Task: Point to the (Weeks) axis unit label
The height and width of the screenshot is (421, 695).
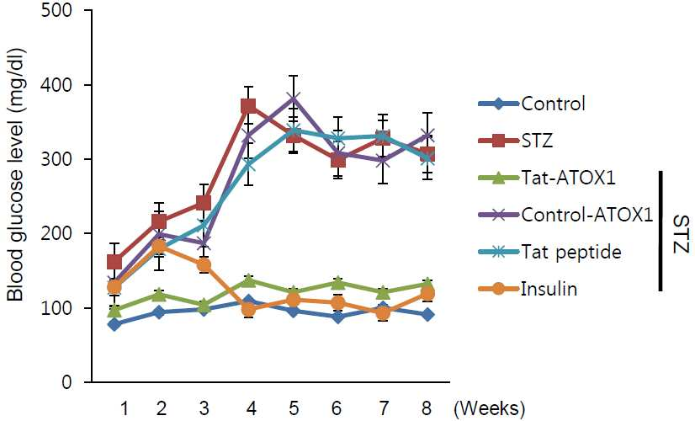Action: pyautogui.click(x=490, y=408)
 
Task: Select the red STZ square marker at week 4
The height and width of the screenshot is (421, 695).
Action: pyautogui.click(x=248, y=106)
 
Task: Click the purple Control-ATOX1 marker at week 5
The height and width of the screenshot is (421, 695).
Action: pyautogui.click(x=293, y=98)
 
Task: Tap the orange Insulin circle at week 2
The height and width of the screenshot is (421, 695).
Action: pyautogui.click(x=159, y=246)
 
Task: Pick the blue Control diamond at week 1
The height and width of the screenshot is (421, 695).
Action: pyautogui.click(x=114, y=324)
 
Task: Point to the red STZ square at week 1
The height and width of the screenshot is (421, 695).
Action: pyautogui.click(x=114, y=262)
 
